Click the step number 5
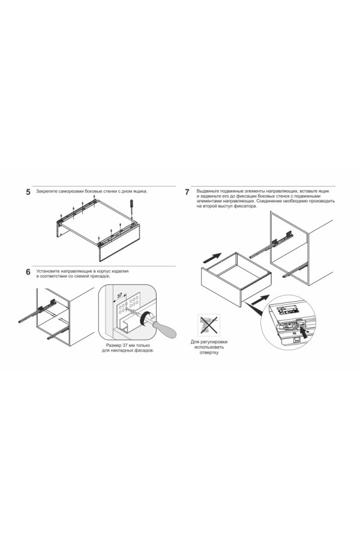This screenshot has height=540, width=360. pyautogui.click(x=28, y=192)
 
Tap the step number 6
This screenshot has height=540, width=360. pyautogui.click(x=28, y=272)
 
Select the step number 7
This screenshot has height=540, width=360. pyautogui.click(x=187, y=192)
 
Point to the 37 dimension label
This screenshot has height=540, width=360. pyautogui.click(x=120, y=295)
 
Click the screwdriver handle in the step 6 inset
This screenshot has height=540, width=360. pyautogui.click(x=164, y=329)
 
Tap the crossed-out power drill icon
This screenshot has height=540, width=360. pyautogui.click(x=209, y=325)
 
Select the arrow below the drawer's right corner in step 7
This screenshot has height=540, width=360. pyautogui.click(x=260, y=299)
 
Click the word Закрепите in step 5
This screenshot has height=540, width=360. pyautogui.click(x=47, y=191)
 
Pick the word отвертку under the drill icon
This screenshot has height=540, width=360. pyautogui.click(x=209, y=353)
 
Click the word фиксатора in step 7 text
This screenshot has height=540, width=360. pyautogui.click(x=245, y=206)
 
